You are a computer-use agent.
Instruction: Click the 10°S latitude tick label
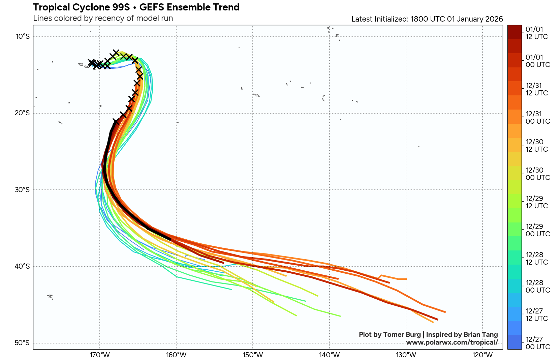point(23,36)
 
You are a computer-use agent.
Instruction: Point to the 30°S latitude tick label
point(23,190)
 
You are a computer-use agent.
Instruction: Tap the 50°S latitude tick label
point(23,343)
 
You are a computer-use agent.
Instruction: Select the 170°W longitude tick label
point(100,355)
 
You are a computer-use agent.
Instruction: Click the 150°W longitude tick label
point(253,355)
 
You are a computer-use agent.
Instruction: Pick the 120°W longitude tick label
point(483,355)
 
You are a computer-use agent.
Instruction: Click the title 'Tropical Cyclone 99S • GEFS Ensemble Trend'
point(136,7)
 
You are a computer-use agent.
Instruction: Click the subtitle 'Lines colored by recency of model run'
point(103,18)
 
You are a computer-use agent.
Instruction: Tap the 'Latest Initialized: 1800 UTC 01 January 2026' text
point(427,19)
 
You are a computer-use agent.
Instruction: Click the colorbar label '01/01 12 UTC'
point(537,33)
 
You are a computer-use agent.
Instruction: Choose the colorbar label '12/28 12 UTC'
point(537,259)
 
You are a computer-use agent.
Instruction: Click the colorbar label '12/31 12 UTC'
point(537,89)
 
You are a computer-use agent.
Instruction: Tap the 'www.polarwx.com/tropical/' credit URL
point(452,342)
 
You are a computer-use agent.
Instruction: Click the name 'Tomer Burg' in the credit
point(402,334)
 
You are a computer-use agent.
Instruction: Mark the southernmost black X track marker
point(116,122)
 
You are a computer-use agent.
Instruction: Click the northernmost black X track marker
point(116,52)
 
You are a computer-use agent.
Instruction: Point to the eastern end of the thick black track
point(170,239)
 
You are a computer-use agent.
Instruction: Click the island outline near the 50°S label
point(50,297)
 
